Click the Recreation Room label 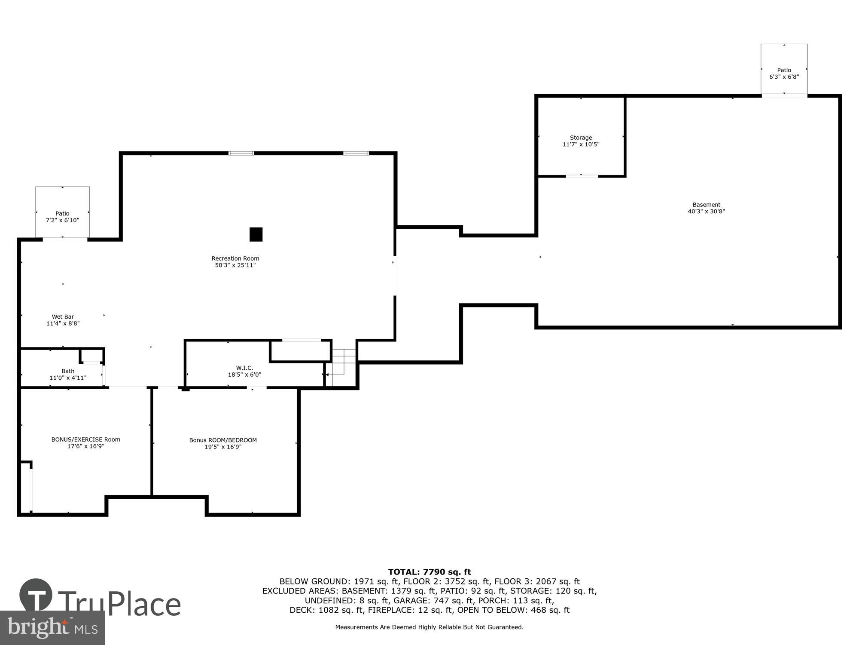point(235,258)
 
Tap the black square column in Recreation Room point(256,234)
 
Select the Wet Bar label point(63,317)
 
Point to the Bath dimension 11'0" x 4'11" point(68,378)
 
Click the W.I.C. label point(244,368)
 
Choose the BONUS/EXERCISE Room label point(85,439)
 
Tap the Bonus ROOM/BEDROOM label point(223,440)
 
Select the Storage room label point(581,138)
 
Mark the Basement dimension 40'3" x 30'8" point(706,212)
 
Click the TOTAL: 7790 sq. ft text point(429,572)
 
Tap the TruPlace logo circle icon point(36,595)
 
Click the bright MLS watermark point(52,628)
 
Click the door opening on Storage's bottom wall point(582,176)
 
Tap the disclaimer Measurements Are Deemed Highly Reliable point(429,627)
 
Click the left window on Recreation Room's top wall point(241,153)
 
